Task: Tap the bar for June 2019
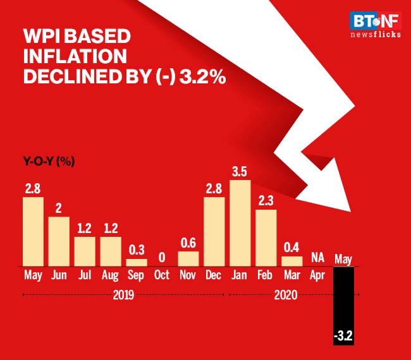(59, 241)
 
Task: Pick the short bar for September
(137, 262)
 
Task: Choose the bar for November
(188, 258)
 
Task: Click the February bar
(266, 237)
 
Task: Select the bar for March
(292, 261)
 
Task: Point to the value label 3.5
(240, 171)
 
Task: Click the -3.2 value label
(344, 340)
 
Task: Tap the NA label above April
(318, 258)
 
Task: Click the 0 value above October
(163, 258)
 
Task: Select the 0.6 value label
(188, 243)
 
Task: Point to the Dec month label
(214, 275)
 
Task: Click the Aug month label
(111, 275)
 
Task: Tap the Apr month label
(318, 275)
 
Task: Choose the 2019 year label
(123, 294)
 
